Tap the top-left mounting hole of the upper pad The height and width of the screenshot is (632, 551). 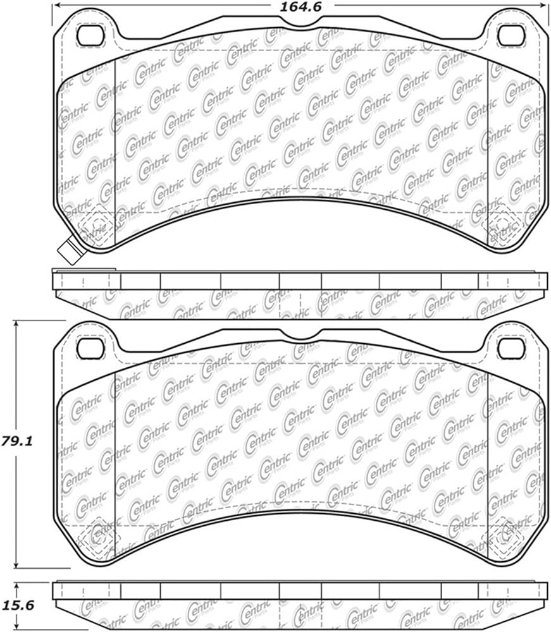coord(90,35)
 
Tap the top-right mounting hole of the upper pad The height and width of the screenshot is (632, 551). coord(512,35)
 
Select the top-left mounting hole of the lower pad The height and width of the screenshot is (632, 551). coord(90,348)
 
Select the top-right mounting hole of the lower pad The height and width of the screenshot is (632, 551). coord(512,348)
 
